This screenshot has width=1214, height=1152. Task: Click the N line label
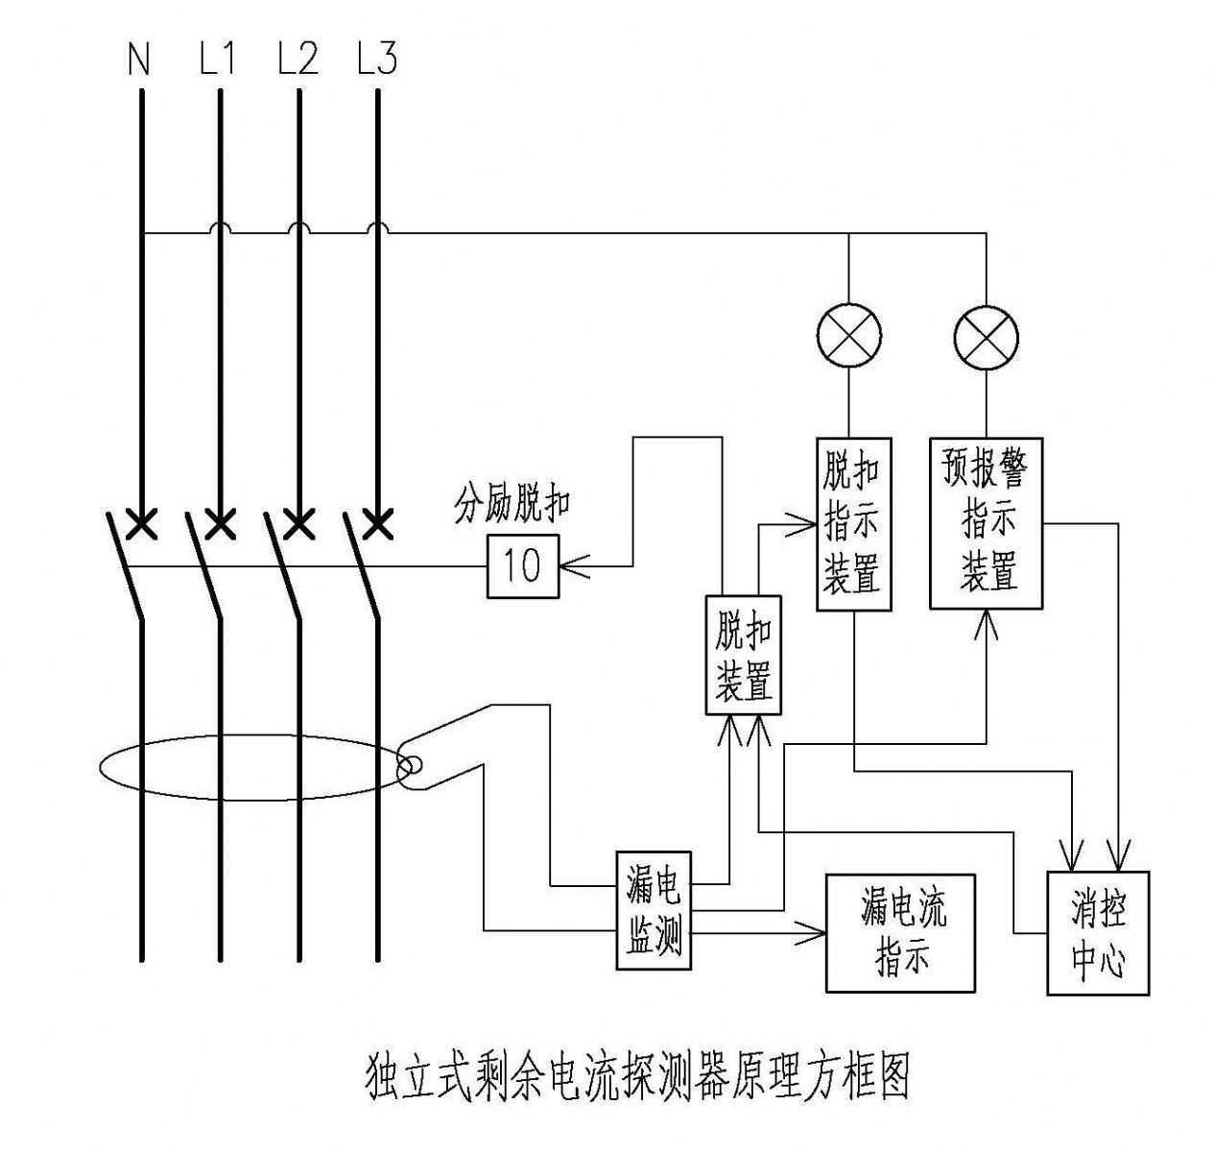pyautogui.click(x=139, y=59)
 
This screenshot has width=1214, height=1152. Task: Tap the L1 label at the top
pyautogui.click(x=217, y=58)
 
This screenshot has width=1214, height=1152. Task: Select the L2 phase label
pyautogui.click(x=298, y=58)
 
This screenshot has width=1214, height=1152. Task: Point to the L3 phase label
pyautogui.click(x=376, y=58)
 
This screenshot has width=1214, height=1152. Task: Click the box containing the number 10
pyautogui.click(x=523, y=566)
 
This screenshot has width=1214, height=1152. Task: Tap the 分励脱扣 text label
pyautogui.click(x=512, y=507)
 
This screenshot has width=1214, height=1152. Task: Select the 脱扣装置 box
pyautogui.click(x=744, y=656)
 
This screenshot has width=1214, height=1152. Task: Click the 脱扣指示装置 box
pyautogui.click(x=854, y=524)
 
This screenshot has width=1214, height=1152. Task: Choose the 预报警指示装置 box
pyautogui.click(x=987, y=524)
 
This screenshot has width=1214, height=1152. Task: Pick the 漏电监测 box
pyautogui.click(x=654, y=910)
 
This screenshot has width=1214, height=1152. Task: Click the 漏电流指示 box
pyautogui.click(x=900, y=933)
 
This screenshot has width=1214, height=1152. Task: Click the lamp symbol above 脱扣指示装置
pyautogui.click(x=849, y=336)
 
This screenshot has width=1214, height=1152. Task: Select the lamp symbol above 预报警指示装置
pyautogui.click(x=987, y=339)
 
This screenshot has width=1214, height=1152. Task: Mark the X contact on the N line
pyautogui.click(x=141, y=524)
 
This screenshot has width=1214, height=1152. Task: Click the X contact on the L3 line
pyautogui.click(x=378, y=524)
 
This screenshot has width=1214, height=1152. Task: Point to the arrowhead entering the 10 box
pyautogui.click(x=574, y=566)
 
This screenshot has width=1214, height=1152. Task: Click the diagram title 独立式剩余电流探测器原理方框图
pyautogui.click(x=638, y=1078)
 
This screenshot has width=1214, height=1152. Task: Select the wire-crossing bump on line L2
pyautogui.click(x=298, y=228)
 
